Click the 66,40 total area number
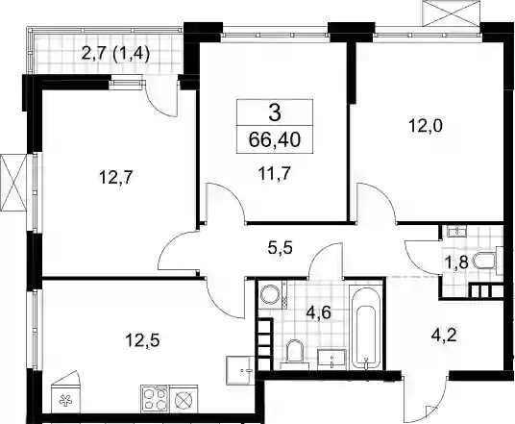coord(275,140)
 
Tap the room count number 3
coord(275,113)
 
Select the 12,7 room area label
coord(116,178)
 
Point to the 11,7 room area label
coord(275,174)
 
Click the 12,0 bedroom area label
coord(426,126)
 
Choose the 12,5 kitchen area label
coord(142,340)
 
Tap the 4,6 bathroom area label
coord(318,312)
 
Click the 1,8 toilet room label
coord(455,262)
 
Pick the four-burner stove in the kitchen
coord(156,398)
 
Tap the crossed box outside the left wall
coord(13,182)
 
